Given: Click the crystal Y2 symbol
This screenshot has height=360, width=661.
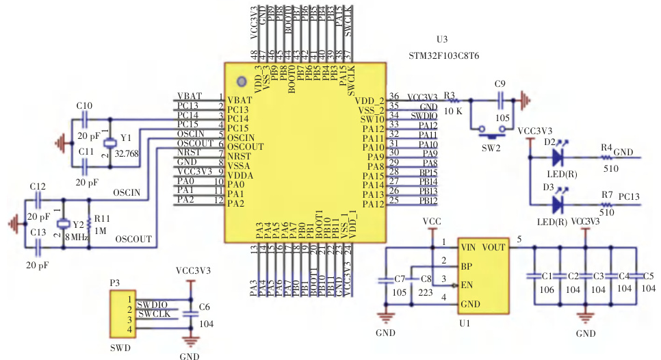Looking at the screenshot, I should (64, 224).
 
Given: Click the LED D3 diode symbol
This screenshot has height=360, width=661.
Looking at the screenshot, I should (557, 203).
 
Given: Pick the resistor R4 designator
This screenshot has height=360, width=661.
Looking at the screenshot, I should (606, 147).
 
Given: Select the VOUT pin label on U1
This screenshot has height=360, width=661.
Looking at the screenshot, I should (494, 247).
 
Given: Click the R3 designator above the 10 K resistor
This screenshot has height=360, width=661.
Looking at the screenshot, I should (449, 95).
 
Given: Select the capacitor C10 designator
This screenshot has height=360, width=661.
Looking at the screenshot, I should (84, 106).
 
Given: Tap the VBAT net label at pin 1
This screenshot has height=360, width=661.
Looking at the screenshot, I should (188, 96).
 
